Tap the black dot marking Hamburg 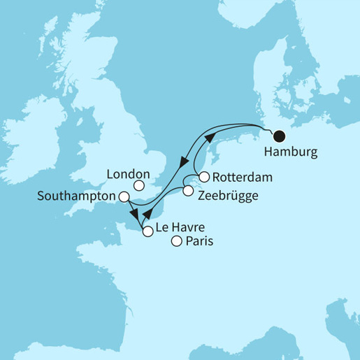pos(279,136)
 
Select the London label pos(130,173)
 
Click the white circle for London pos(140,186)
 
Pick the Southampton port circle pos(124,197)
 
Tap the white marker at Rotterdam pos(204,177)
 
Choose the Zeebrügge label pos(227,196)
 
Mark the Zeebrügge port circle pos(187,190)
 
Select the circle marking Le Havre pos(147,233)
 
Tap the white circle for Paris pos(177,242)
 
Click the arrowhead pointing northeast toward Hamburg pos(208,141)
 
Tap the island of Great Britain pos(115,150)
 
